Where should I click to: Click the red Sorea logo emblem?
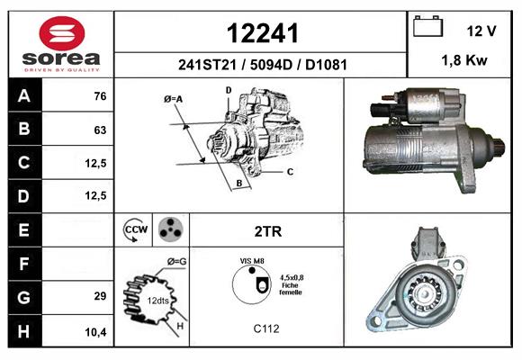[62, 33]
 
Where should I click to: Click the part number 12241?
[262, 33]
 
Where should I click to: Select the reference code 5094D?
[271, 65]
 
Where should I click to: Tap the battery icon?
[427, 26]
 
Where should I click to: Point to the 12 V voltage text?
[481, 31]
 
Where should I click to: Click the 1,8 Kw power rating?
[464, 60]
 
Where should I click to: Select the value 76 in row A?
[100, 96]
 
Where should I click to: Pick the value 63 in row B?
[100, 130]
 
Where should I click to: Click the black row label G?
[24, 297]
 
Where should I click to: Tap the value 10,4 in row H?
[96, 332]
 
